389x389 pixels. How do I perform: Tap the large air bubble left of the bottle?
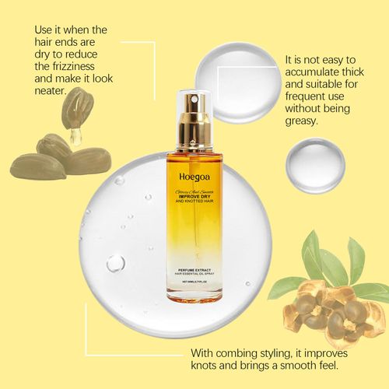(x=115, y=263)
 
